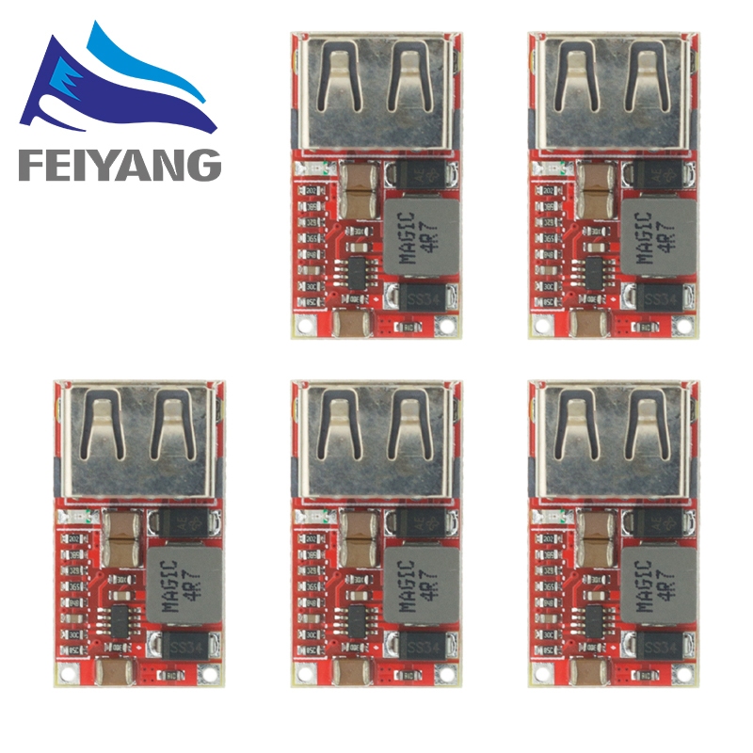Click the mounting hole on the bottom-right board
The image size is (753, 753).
[x=541, y=674]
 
